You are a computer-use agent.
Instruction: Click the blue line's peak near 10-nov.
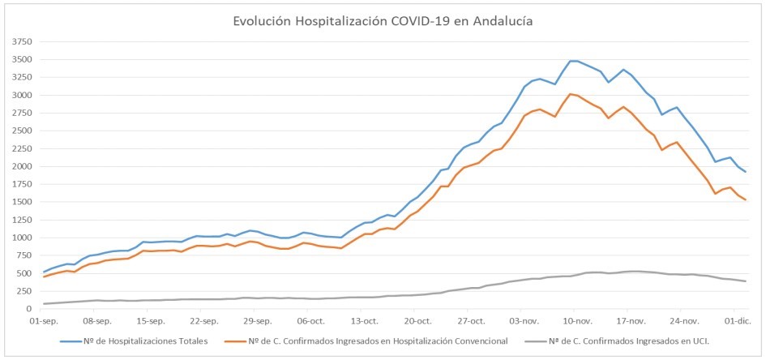click(x=574, y=61)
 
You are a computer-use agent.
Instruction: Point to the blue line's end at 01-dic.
click(x=746, y=172)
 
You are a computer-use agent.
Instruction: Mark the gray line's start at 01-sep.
click(x=44, y=304)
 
